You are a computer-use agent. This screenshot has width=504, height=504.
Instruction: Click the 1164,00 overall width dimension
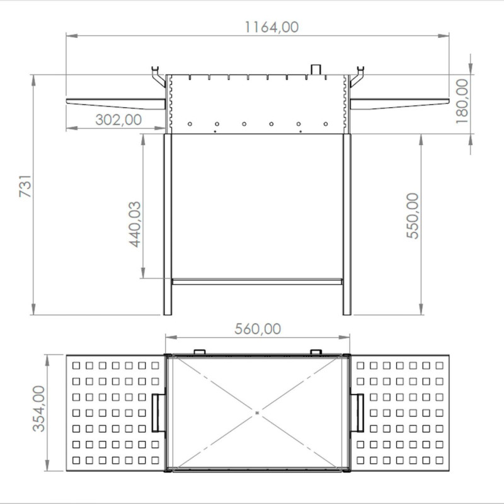(x=272, y=27)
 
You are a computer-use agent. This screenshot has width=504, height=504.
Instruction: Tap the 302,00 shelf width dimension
(x=118, y=120)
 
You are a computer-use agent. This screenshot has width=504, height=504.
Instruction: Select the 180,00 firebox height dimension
(x=462, y=101)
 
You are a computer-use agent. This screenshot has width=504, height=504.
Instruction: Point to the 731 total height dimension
(x=25, y=186)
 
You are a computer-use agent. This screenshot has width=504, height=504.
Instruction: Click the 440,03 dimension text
(x=135, y=224)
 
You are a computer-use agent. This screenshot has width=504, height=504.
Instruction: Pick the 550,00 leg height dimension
(x=413, y=215)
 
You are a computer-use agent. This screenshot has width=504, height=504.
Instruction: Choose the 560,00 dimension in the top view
(x=258, y=329)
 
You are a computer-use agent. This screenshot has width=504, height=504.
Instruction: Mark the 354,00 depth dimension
(x=39, y=408)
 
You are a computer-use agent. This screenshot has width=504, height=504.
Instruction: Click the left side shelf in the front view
(x=116, y=103)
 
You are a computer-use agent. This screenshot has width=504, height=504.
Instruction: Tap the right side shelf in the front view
(x=399, y=103)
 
